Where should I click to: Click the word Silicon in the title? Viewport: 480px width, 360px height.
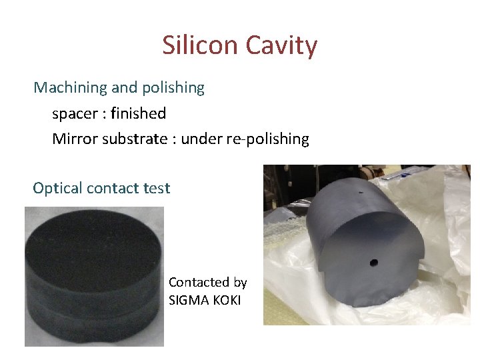[200, 46]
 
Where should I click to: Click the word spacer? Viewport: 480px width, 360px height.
[75, 113]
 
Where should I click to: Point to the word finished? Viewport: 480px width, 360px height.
[138, 113]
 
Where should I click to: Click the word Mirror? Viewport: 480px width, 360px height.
[71, 139]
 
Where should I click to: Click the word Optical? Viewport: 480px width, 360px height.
[55, 188]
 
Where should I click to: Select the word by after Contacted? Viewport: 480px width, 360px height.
[240, 283]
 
